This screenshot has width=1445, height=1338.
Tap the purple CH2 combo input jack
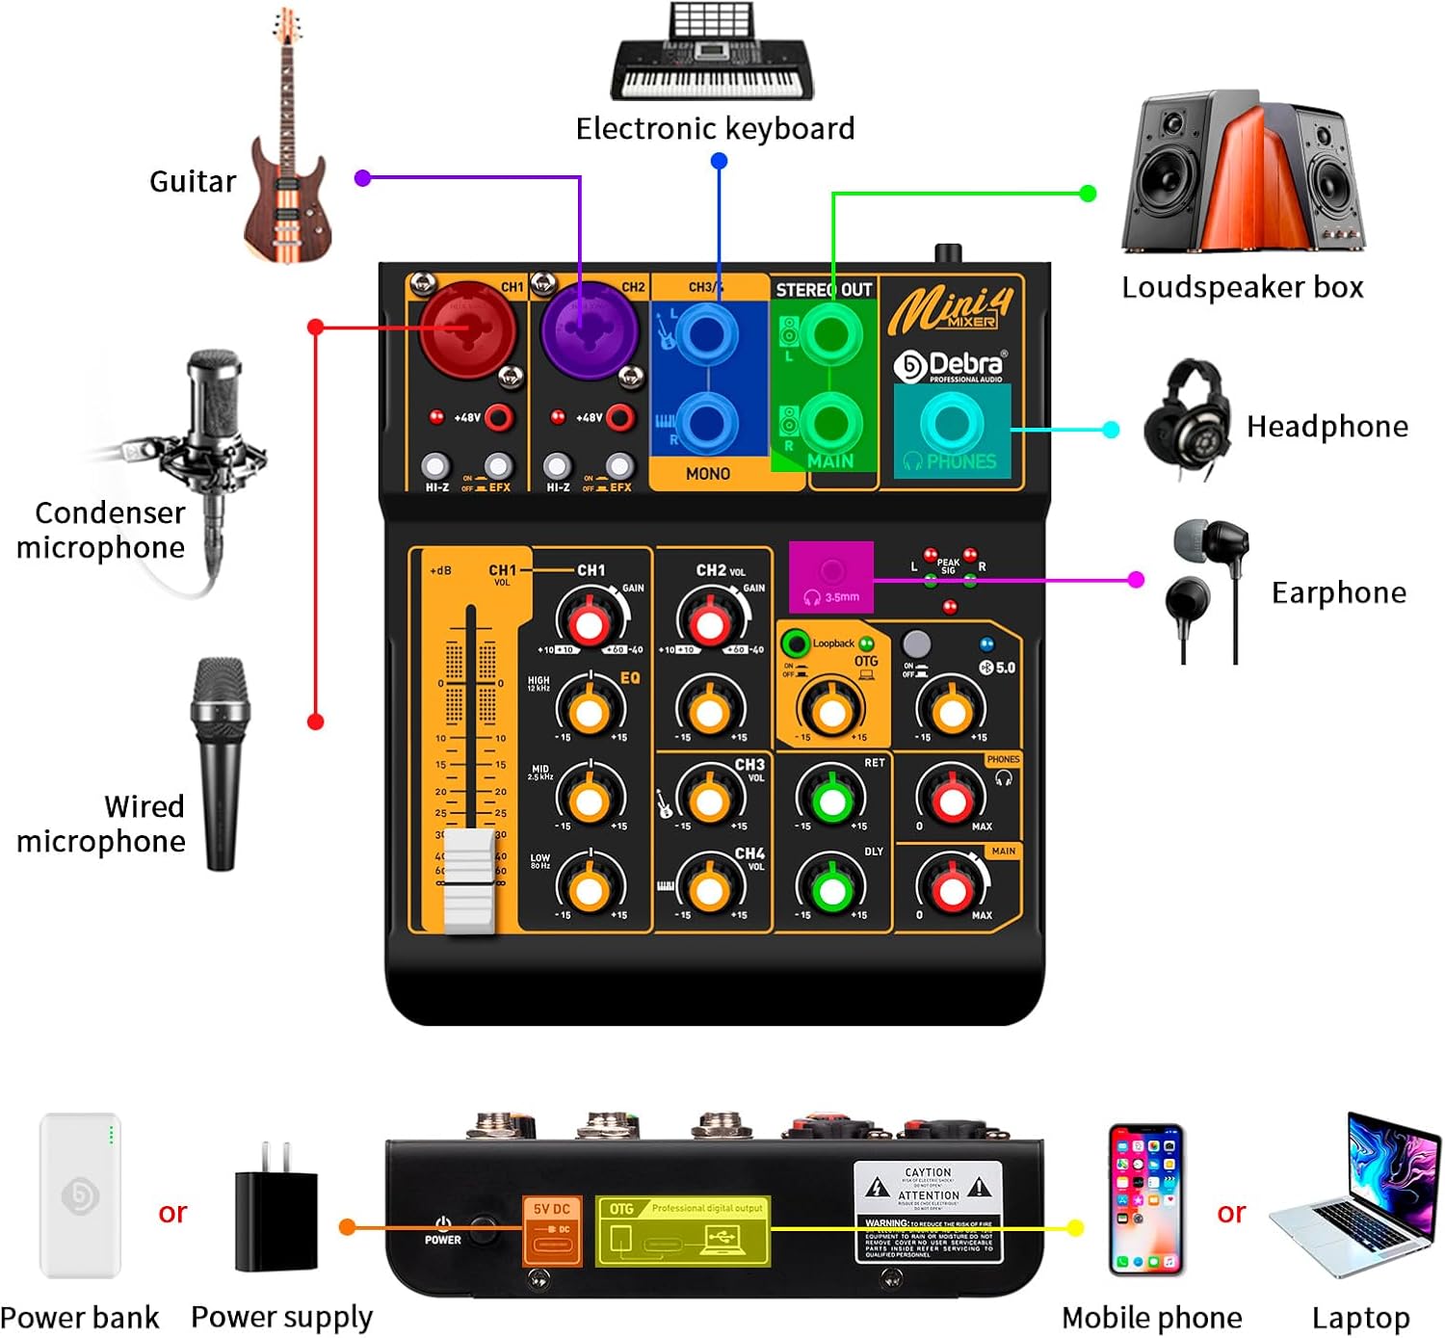587,329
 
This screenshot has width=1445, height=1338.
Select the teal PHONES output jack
952,424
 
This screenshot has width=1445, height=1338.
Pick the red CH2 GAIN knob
710,622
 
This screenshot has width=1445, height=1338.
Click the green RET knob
831,800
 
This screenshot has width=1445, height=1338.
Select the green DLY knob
831,889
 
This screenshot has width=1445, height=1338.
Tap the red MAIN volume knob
952,889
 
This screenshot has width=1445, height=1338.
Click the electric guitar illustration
287,144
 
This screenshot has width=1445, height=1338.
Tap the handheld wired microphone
221,761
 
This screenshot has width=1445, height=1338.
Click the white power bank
80,1195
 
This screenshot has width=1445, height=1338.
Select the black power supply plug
276,1208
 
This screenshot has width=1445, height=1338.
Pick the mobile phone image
1145,1199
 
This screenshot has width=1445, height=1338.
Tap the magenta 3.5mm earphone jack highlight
831,577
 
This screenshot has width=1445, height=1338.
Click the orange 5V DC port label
552,1229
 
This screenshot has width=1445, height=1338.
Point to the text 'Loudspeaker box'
1243,287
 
